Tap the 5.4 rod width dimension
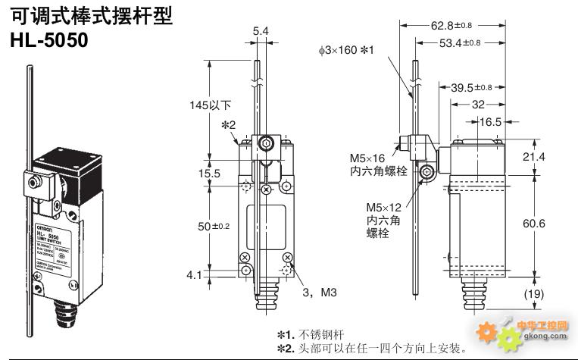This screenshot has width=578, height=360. click(x=260, y=31)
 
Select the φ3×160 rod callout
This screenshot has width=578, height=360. click(x=347, y=50)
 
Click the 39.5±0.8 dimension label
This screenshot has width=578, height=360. click(x=471, y=88)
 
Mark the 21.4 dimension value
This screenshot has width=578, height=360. click(x=554, y=157)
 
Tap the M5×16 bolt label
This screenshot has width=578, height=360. click(x=368, y=158)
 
